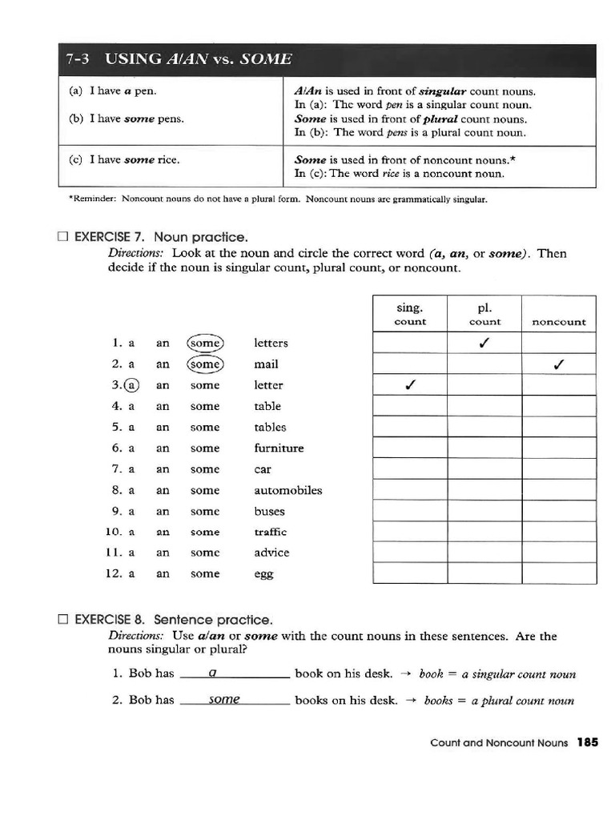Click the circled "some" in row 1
point(205,343)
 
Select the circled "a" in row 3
point(132,385)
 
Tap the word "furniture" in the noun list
point(279,448)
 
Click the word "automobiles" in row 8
point(287,490)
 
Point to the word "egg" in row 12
point(263,574)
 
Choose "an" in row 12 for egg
point(163,574)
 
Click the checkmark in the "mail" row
point(559,364)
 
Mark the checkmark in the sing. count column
point(410,385)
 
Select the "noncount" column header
point(559,322)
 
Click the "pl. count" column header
point(484,314)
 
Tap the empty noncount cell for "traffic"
point(559,532)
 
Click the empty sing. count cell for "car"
point(410,469)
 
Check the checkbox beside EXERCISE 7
point(63,237)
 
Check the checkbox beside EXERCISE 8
point(63,620)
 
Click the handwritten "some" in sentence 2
point(224,699)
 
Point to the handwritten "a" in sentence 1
point(212,673)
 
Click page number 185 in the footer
point(587,742)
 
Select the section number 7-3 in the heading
point(77,59)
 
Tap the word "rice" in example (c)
point(168,159)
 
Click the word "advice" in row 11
point(271,553)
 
